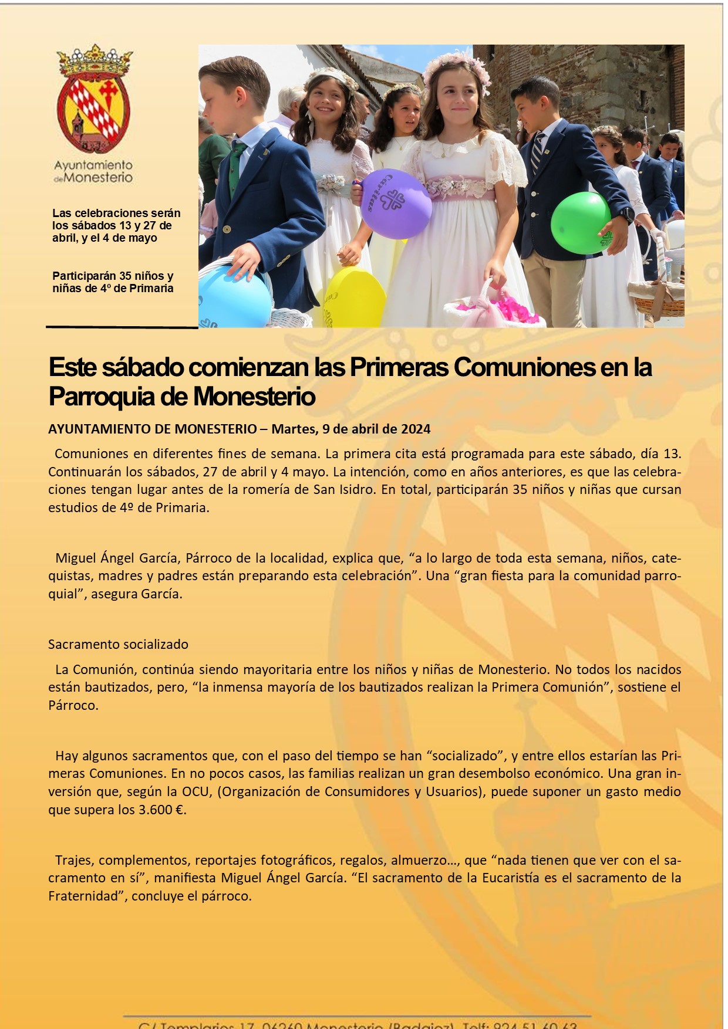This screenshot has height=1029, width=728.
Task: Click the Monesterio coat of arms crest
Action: pos(94,100)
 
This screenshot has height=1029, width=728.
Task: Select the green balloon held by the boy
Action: pos(581,222)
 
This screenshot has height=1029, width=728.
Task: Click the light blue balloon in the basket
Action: pos(235,296)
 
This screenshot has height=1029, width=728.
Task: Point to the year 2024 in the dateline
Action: pos(416,429)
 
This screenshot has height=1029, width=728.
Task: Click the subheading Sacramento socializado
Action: pos(118,644)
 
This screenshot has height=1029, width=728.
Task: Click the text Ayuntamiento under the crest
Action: pos(93,165)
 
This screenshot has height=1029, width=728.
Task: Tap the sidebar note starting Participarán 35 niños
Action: pos(113,282)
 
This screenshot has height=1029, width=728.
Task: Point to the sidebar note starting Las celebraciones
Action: pos(116,225)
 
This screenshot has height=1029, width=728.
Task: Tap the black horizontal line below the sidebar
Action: pos(122,327)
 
